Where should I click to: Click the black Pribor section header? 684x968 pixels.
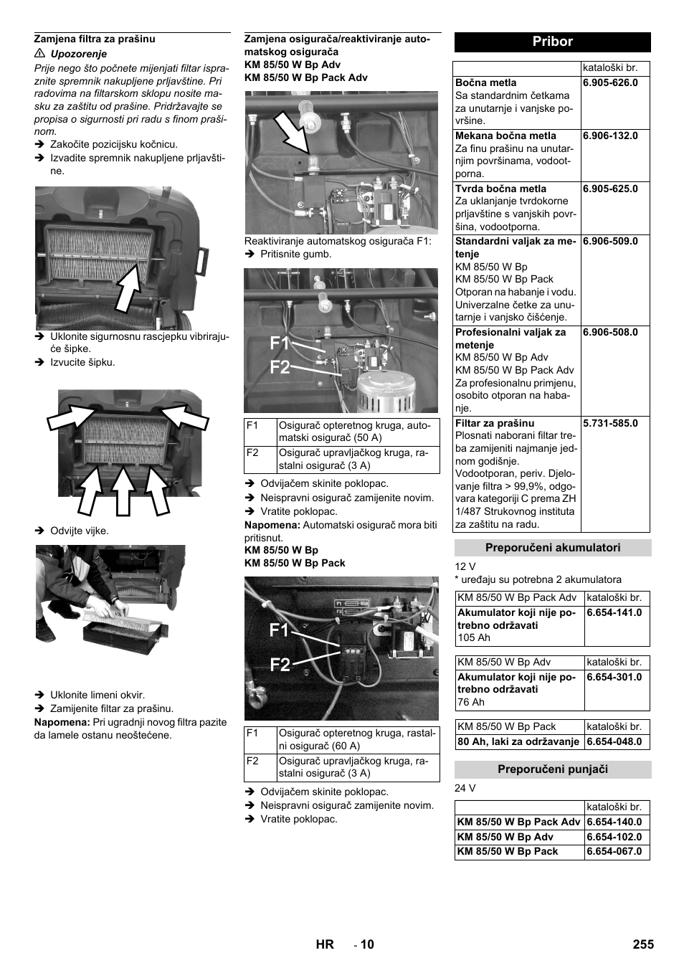click(552, 42)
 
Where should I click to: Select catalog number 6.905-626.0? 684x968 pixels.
click(610, 82)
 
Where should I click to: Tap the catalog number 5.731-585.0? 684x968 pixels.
click(610, 423)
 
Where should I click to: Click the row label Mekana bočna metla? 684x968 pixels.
click(505, 136)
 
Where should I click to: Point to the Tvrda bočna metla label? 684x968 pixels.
click(500, 189)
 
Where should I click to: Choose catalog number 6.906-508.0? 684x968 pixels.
click(610, 332)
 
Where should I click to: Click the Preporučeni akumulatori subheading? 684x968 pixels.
click(552, 548)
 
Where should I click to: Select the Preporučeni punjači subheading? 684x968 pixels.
click(552, 769)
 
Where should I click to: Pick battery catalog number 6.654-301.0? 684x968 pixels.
click(614, 677)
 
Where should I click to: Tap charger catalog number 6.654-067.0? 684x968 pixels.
click(614, 852)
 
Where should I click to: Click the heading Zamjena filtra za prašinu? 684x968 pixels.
click(95, 39)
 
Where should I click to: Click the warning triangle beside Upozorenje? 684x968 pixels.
click(40, 54)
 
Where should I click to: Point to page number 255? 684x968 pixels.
click(643, 944)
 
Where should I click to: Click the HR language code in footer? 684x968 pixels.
click(325, 944)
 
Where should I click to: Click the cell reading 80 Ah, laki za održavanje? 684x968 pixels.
click(518, 741)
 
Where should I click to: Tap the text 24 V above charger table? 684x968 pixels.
click(465, 788)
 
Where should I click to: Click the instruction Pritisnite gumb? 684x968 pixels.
click(295, 254)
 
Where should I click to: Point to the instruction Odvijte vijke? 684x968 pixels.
click(79, 531)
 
